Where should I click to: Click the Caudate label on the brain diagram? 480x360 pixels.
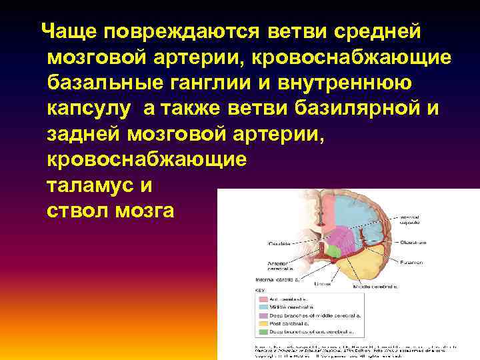pos(279,243)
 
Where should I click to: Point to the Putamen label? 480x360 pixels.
pos(413,263)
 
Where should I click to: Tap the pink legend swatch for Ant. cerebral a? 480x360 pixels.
pos(261,299)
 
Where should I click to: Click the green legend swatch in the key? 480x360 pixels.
pos(261,331)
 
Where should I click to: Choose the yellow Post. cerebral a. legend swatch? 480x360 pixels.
pos(261,323)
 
